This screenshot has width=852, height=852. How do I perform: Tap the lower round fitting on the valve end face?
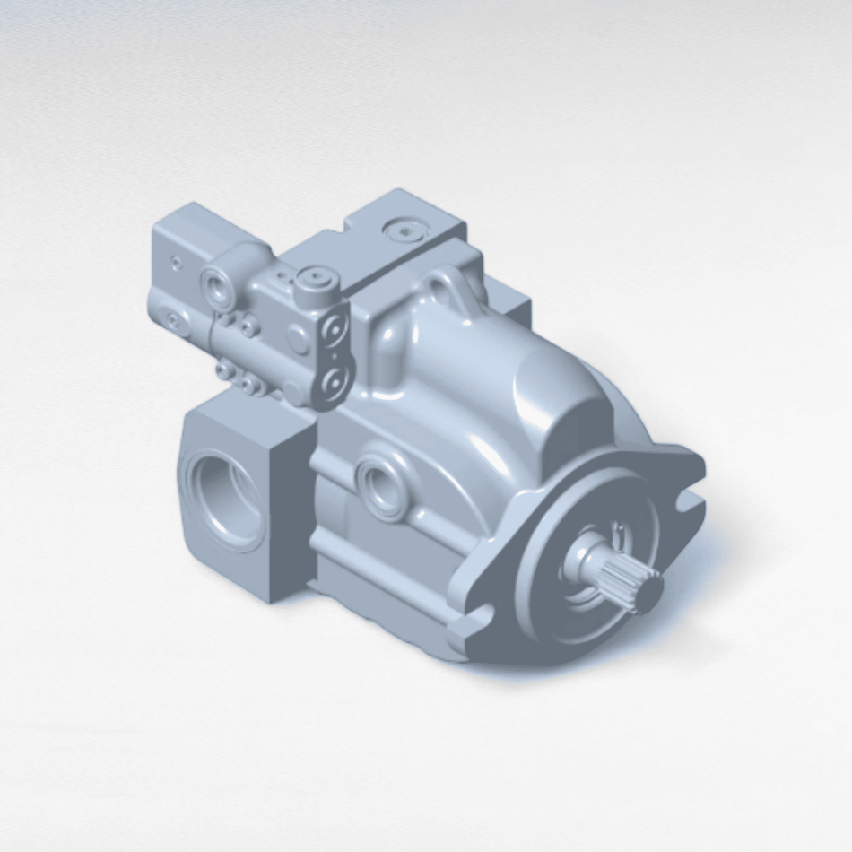pyautogui.click(x=335, y=384)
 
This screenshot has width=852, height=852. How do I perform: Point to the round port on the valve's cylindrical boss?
pyautogui.click(x=218, y=286)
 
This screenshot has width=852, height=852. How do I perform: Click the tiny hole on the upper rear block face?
pyautogui.click(x=176, y=263)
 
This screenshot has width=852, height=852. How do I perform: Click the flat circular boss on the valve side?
pyautogui.click(x=298, y=339)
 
